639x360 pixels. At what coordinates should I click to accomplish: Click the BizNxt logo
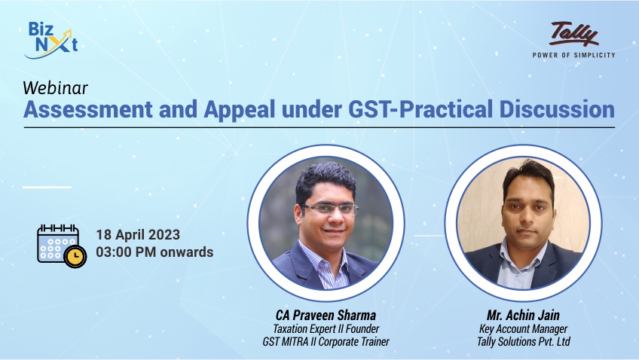(x=50, y=39)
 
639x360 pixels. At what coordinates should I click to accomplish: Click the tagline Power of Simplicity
(x=573, y=55)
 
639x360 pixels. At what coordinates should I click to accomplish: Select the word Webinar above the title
(x=47, y=87)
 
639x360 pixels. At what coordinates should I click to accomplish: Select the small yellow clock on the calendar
(x=75, y=257)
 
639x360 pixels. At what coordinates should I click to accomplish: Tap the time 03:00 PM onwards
(x=154, y=252)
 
